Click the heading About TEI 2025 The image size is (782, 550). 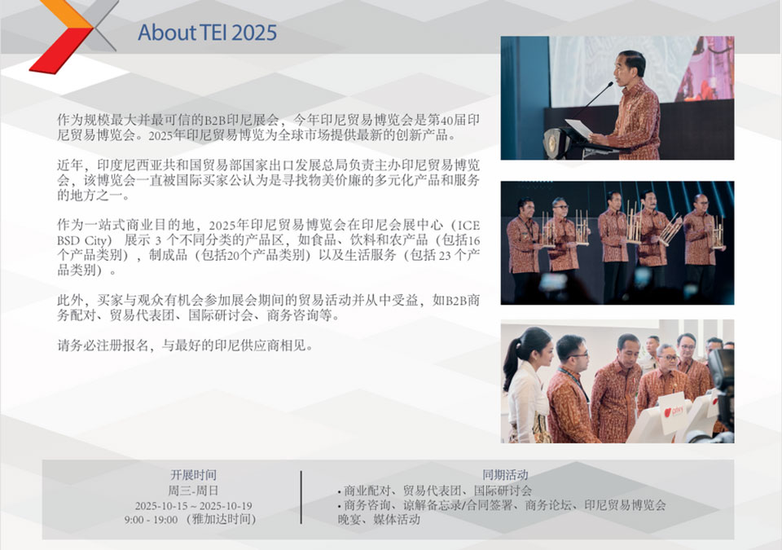pos(207,33)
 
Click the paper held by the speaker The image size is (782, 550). pos(579,128)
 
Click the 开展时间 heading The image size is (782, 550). pos(194,475)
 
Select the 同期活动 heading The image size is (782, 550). pos(505,475)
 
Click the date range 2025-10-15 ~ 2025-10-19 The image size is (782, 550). pos(194,505)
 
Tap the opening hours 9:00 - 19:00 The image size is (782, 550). pos(152,520)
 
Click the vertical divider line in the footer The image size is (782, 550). pos(301,497)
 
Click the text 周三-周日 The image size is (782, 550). pos(194,490)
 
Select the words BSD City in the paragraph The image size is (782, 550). pos(85,240)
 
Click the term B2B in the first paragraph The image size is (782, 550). pos(215,120)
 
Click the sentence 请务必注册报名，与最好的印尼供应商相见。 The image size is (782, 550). pos(186,345)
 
